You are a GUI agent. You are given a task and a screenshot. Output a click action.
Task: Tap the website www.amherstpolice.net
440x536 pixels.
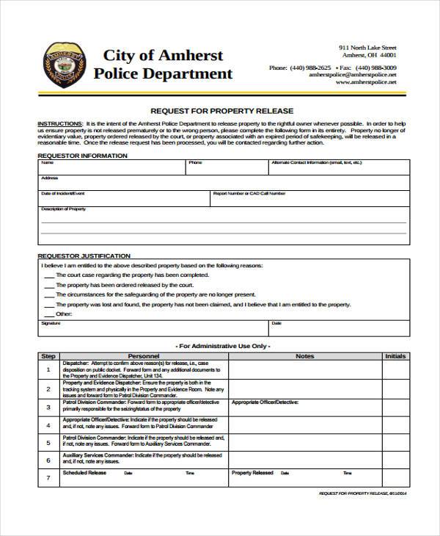point(366,83)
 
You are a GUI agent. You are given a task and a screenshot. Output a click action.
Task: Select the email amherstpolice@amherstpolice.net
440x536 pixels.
point(353,74)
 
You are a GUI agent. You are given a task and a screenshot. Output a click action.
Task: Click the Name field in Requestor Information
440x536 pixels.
point(110,167)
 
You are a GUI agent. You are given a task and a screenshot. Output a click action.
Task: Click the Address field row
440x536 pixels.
point(220,183)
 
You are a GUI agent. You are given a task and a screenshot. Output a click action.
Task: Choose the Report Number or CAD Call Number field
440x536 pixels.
point(308,198)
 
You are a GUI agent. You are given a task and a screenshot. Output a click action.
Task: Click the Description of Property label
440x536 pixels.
point(64,209)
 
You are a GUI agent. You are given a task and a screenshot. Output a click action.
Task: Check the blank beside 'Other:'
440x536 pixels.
point(48,314)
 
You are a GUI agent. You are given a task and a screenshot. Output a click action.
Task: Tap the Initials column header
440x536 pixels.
point(395,356)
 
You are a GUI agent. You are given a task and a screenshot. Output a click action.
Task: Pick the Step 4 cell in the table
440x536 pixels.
point(48,424)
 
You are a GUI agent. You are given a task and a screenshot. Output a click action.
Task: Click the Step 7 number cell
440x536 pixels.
point(48,478)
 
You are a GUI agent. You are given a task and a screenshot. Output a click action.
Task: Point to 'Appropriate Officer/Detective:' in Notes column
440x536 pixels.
point(265,402)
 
